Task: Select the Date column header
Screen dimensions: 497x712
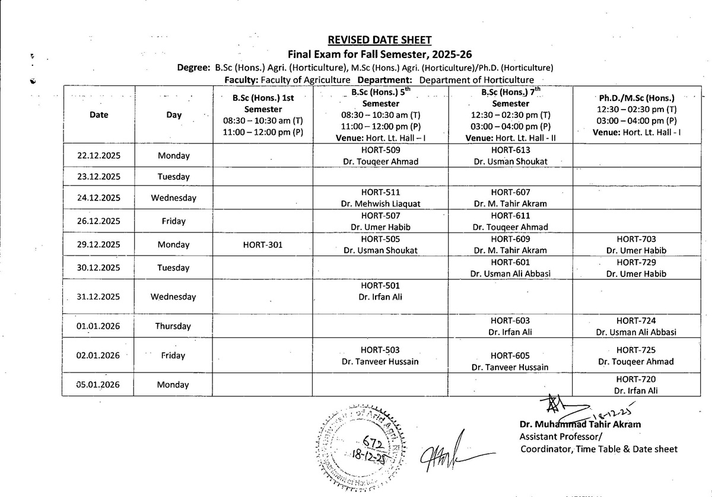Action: click(98, 114)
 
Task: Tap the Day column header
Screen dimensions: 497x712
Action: click(174, 114)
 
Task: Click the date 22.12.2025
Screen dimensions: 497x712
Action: click(98, 156)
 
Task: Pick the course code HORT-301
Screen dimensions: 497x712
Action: click(262, 244)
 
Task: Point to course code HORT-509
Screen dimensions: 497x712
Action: click(380, 150)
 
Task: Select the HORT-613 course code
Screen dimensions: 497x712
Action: click(510, 150)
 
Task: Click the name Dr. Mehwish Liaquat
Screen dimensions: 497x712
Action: click(380, 203)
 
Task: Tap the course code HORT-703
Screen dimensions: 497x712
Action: click(636, 239)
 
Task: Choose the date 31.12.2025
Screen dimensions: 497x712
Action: click(98, 297)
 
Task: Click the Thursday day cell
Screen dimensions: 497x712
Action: click(173, 326)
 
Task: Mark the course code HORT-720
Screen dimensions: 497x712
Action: click(636, 379)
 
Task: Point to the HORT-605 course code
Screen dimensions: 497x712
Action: click(510, 355)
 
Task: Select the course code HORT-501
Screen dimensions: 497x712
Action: click(380, 285)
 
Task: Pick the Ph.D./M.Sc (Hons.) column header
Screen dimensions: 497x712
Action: click(636, 97)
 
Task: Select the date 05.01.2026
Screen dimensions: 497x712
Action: click(98, 385)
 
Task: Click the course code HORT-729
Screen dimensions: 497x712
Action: click(636, 262)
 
